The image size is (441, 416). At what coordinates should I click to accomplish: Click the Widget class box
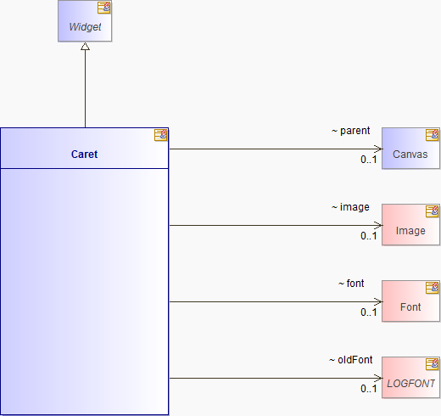click(x=85, y=21)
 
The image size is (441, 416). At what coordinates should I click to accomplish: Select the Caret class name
click(x=84, y=155)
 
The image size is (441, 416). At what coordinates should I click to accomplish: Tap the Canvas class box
click(x=410, y=149)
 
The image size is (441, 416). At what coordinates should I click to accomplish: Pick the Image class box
click(x=410, y=225)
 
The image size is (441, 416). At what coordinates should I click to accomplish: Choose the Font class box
click(x=410, y=301)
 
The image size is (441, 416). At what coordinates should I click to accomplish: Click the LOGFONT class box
click(x=410, y=378)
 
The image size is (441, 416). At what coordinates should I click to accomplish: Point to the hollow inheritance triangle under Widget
click(x=85, y=47)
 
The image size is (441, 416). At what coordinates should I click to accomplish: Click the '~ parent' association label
click(x=350, y=131)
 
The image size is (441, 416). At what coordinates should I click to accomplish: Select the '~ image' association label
click(x=350, y=207)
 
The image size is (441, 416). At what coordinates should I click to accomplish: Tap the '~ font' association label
click(x=351, y=284)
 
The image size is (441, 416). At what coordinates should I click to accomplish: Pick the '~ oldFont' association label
click(x=350, y=360)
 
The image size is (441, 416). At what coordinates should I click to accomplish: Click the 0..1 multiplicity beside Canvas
click(x=369, y=160)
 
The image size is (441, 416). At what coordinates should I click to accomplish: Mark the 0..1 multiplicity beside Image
click(x=369, y=236)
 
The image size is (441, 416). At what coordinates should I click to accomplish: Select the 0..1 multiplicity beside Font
click(x=369, y=312)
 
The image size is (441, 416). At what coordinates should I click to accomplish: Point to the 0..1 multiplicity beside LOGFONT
click(x=369, y=389)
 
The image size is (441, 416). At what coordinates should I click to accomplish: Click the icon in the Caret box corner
click(x=160, y=135)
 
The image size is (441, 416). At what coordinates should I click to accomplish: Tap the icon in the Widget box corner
click(x=103, y=8)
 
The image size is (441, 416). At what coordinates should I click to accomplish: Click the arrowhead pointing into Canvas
click(x=378, y=149)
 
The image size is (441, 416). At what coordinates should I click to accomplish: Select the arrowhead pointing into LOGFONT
click(x=378, y=378)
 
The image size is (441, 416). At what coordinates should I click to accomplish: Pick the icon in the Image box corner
click(x=432, y=211)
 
